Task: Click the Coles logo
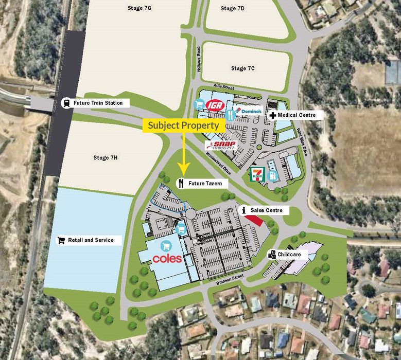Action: (x=167, y=258)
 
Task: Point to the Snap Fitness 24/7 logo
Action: (x=222, y=146)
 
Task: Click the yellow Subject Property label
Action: (x=184, y=125)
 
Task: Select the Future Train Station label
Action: (x=98, y=103)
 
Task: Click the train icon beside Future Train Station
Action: (x=66, y=103)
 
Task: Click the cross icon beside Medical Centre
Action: (x=272, y=115)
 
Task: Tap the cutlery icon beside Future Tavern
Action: (x=181, y=183)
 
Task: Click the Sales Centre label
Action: (x=267, y=210)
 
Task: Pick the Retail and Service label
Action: (x=90, y=240)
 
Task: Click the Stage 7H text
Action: (x=106, y=157)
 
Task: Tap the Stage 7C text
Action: (x=243, y=68)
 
